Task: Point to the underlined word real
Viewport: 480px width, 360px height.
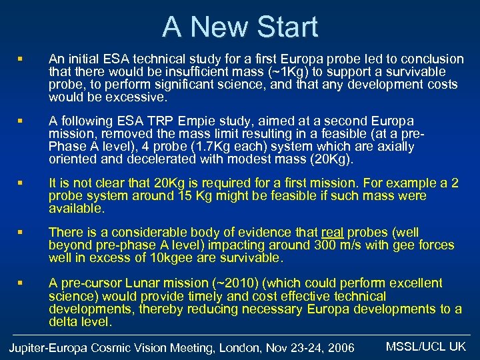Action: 332,233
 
